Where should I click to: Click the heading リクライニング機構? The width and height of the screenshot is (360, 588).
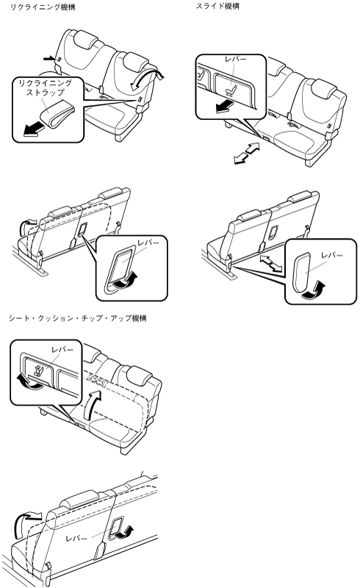[42, 7]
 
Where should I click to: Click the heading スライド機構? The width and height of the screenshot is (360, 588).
[217, 7]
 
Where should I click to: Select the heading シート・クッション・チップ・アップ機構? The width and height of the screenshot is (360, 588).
[78, 318]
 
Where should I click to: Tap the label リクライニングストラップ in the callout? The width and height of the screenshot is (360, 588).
[45, 87]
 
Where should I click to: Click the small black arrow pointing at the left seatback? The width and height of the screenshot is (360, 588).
[48, 59]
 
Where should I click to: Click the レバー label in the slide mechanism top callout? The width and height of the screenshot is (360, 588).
[236, 60]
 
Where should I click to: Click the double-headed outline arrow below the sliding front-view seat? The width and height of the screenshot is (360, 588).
[246, 153]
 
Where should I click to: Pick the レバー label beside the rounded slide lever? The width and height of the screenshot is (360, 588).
[332, 255]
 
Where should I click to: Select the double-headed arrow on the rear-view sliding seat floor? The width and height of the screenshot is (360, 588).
[271, 262]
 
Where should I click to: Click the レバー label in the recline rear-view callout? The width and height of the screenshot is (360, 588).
[148, 243]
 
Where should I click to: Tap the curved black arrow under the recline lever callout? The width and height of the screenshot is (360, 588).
[126, 282]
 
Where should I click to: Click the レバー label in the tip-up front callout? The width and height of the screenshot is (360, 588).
[62, 350]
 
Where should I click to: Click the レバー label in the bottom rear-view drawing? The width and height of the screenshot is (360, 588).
[76, 539]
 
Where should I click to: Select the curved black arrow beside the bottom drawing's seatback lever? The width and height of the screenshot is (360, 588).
[123, 532]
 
